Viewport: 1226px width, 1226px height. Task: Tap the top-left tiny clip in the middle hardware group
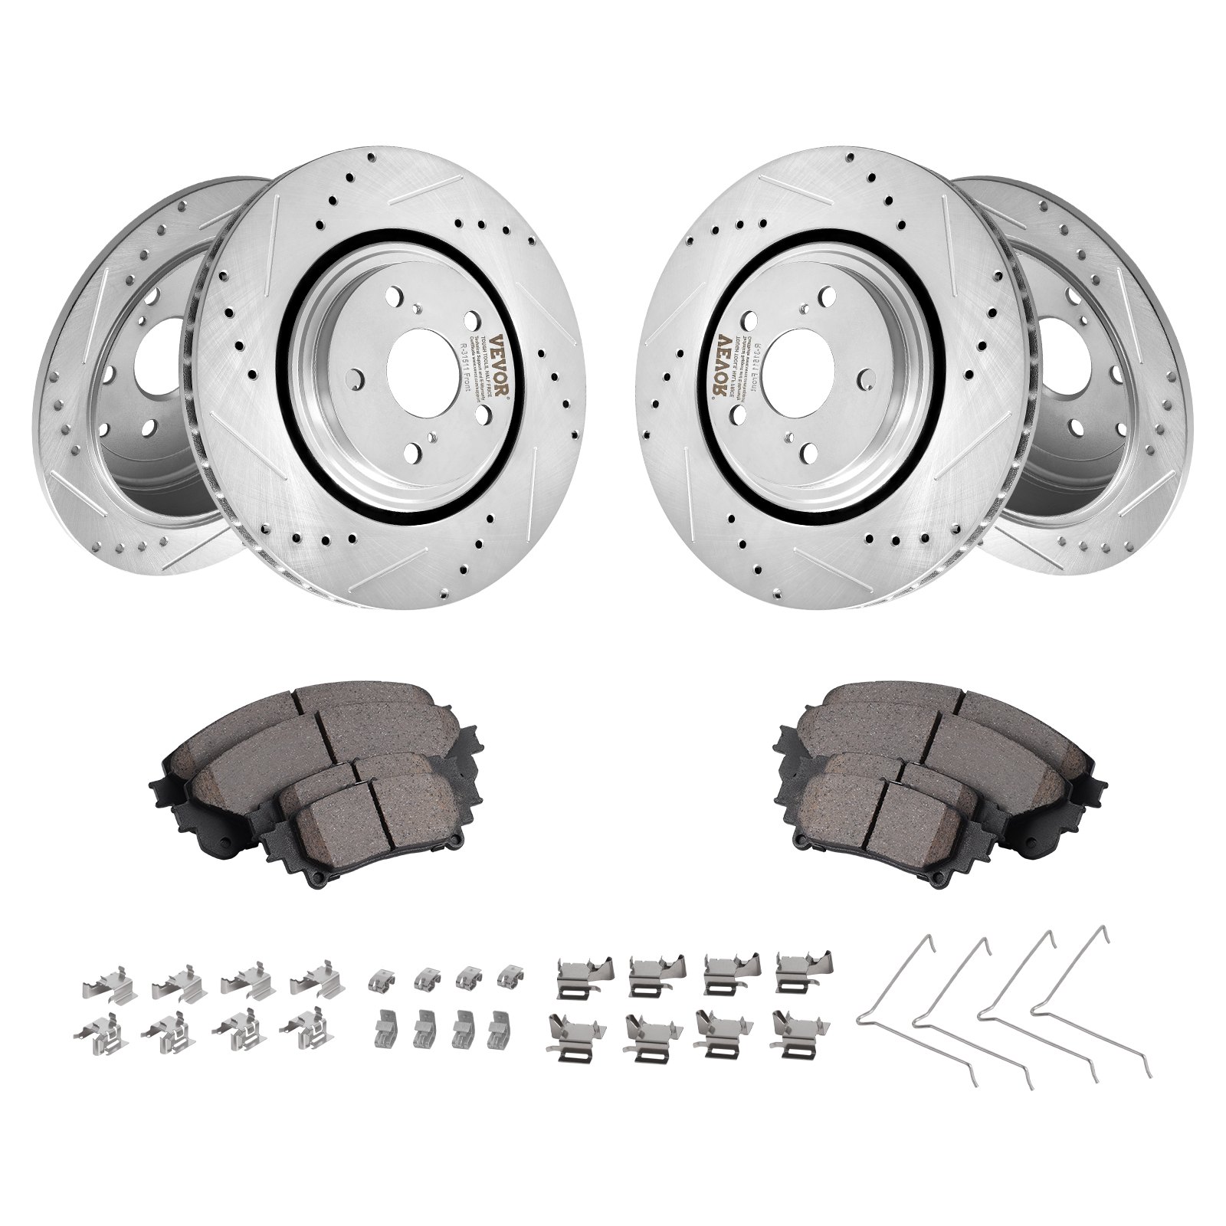[x=381, y=977]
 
